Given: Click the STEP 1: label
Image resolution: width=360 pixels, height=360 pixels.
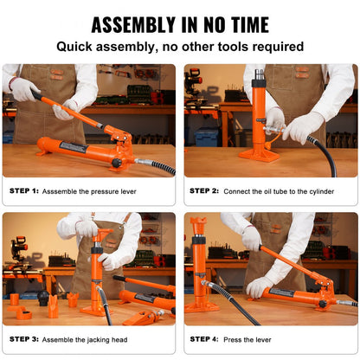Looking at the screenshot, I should (x=24, y=190).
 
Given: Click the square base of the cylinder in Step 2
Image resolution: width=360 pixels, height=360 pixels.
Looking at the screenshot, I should (x=258, y=154).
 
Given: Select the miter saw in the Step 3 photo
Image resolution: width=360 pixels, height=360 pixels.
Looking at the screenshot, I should (x=21, y=252).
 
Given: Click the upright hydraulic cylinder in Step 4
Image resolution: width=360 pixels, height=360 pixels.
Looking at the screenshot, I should (x=199, y=260).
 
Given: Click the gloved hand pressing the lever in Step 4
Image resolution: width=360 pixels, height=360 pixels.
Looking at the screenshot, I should (x=258, y=286).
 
